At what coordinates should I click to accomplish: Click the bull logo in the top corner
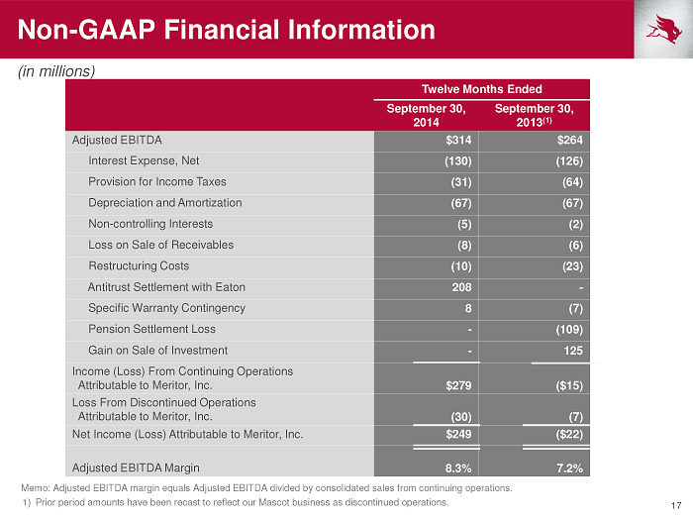tap(663, 29)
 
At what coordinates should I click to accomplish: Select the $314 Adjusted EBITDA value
tap(458, 141)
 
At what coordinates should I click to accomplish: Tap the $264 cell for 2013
tap(569, 141)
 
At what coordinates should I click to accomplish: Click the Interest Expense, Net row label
tap(144, 160)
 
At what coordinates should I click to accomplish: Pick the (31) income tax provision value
tap(461, 182)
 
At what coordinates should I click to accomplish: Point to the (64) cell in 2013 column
tap(572, 182)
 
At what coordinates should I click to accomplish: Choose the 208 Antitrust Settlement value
tap(461, 287)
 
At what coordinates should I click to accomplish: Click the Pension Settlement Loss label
tap(151, 329)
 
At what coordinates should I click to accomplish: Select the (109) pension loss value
tap(569, 330)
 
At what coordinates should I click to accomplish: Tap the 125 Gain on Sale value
tap(573, 351)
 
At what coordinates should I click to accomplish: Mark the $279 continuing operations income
tap(458, 385)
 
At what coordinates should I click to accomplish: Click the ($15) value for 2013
tap(569, 385)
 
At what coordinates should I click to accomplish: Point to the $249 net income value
tap(458, 434)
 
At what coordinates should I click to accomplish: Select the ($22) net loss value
tap(569, 434)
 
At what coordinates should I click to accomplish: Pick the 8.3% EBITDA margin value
tap(458, 468)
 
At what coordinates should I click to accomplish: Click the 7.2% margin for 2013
tap(569, 468)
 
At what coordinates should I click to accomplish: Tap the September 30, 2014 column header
tap(426, 115)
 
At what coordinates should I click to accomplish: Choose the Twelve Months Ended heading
tap(482, 89)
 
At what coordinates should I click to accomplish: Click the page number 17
tap(676, 505)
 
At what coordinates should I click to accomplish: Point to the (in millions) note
tap(56, 71)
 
